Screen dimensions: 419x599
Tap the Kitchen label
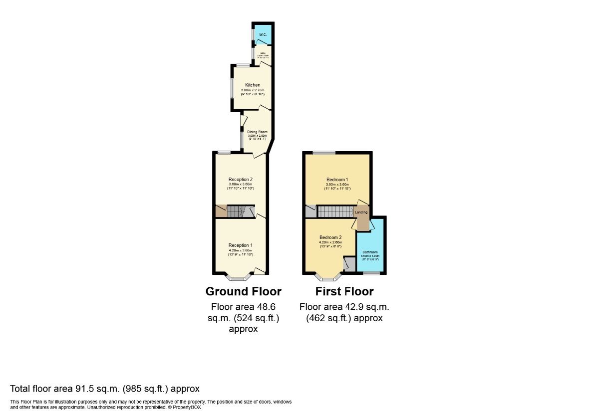pyautogui.click(x=253, y=85)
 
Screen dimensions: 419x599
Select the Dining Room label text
pyautogui.click(x=258, y=132)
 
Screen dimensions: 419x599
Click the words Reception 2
pyautogui.click(x=241, y=179)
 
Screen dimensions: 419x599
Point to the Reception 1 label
pyautogui.click(x=241, y=245)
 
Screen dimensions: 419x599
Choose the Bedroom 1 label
pyautogui.click(x=337, y=179)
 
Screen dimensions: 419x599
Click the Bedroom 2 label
pyautogui.click(x=330, y=237)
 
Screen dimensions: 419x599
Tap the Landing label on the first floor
pyautogui.click(x=361, y=212)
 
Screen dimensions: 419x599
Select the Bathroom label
pyautogui.click(x=370, y=252)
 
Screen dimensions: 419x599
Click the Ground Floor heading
pyautogui.click(x=244, y=291)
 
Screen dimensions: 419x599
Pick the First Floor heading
pyautogui.click(x=344, y=291)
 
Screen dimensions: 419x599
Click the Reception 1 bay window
pyautogui.click(x=237, y=276)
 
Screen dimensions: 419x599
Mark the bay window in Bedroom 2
pyautogui.click(x=328, y=276)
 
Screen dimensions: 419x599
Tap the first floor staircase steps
pyautogui.click(x=334, y=212)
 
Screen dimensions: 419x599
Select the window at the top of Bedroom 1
pyautogui.click(x=324, y=152)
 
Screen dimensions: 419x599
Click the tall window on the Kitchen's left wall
pyautogui.click(x=232, y=88)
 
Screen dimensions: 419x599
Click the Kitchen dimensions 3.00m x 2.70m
pyautogui.click(x=253, y=90)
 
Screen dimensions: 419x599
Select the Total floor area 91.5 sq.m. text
pyautogui.click(x=105, y=389)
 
